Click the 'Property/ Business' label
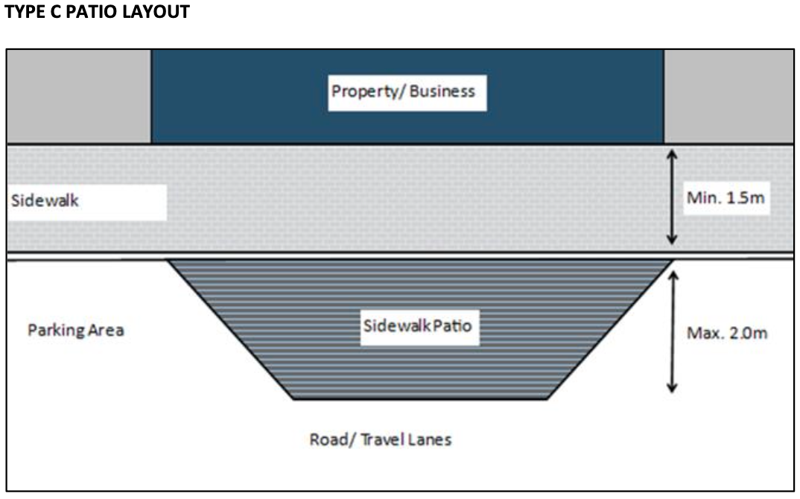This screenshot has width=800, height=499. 403,92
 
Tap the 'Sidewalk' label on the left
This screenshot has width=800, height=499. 45,201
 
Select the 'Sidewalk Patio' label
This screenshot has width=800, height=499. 418,326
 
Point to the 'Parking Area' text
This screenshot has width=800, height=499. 75,330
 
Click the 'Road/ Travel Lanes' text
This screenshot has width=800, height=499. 380,439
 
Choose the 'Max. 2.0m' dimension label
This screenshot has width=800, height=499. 726,332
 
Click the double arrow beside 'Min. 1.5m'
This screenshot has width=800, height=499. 672,197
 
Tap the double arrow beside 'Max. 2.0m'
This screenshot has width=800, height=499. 672,331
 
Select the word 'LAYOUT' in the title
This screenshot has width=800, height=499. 158,12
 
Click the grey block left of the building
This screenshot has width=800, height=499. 78,96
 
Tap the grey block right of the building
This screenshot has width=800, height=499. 728,96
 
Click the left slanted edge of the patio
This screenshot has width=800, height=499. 231,330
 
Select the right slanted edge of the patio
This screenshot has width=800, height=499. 609,330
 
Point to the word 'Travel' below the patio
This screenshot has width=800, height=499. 383,439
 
